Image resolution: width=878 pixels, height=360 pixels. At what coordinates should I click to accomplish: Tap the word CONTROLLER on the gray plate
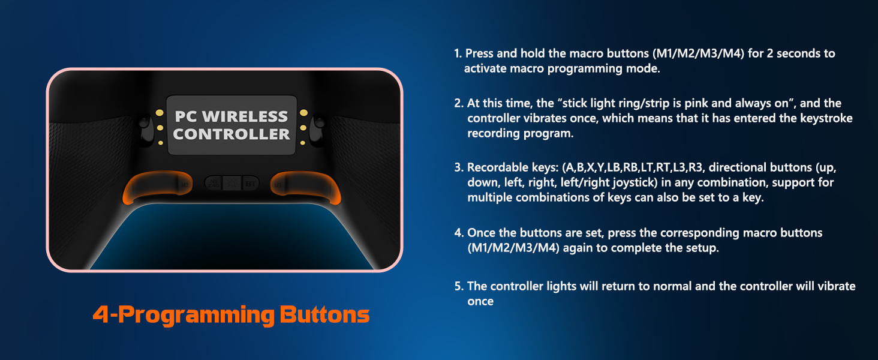(231, 134)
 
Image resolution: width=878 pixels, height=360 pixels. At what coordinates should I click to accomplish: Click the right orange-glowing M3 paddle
(304, 185)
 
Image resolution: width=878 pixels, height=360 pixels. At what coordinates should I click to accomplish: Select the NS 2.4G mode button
(213, 183)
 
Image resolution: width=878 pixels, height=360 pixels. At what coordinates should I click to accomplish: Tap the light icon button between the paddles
(231, 183)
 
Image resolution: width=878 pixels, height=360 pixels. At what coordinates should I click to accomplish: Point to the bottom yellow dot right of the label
(303, 142)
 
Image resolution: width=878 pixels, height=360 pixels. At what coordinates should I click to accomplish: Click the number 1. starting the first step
(458, 53)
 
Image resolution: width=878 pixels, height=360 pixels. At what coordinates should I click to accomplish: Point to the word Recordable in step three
(495, 167)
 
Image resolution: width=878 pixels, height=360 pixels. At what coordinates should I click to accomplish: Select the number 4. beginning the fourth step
(459, 233)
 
